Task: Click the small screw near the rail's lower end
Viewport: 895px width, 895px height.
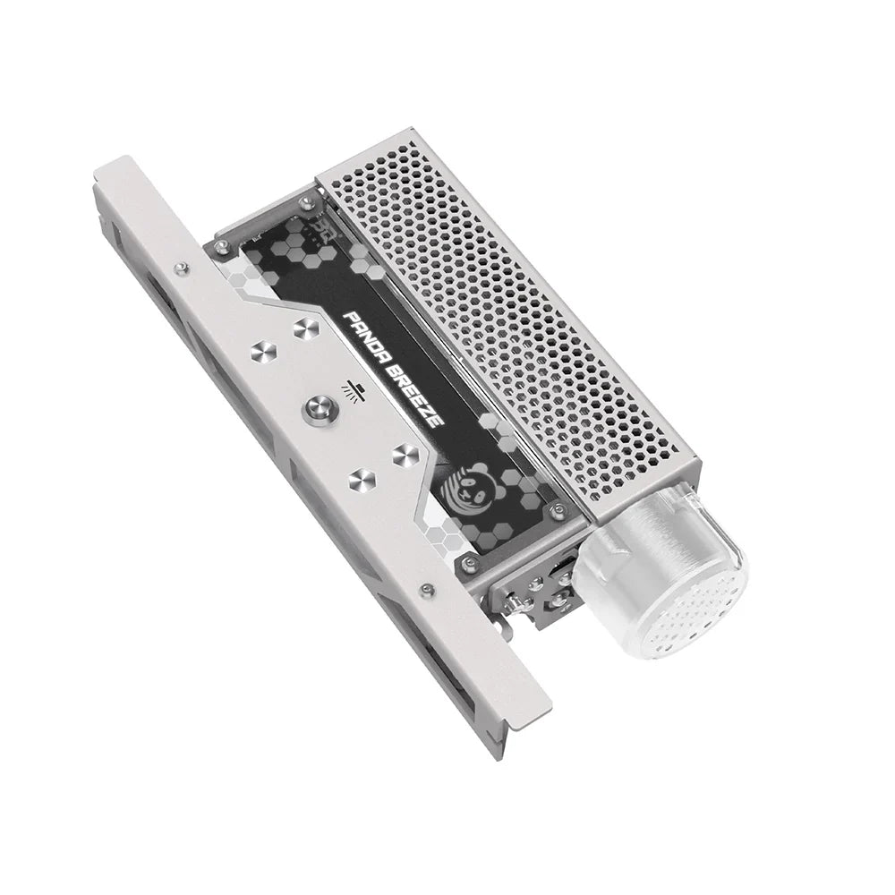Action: (428, 588)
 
